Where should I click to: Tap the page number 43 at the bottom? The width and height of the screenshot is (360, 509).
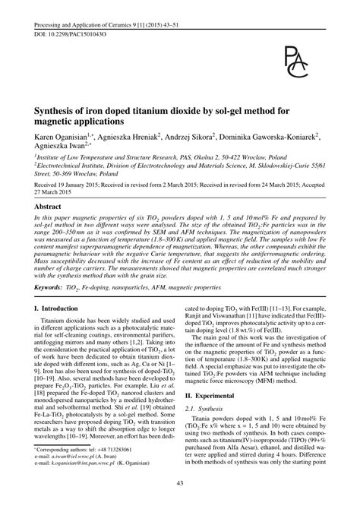coord(180,484)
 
